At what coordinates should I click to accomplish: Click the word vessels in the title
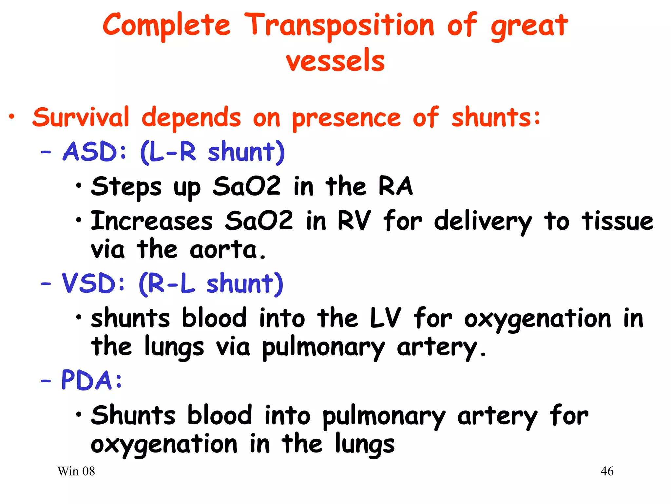pyautogui.click(x=335, y=61)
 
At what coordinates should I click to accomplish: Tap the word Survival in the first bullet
pyautogui.click(x=81, y=117)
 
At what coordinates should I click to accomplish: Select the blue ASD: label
pyautogui.click(x=94, y=152)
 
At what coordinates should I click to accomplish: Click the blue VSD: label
pyautogui.click(x=93, y=283)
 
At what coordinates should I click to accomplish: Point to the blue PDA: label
pyautogui.click(x=91, y=381)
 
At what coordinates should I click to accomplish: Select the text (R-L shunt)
pyautogui.click(x=211, y=284)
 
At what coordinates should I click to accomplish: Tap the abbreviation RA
pyautogui.click(x=395, y=186)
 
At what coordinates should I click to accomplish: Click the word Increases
pyautogui.click(x=152, y=221)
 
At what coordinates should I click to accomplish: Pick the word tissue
pyautogui.click(x=617, y=221)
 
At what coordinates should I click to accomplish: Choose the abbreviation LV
pyautogui.click(x=385, y=318)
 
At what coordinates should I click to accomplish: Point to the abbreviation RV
pyautogui.click(x=354, y=220)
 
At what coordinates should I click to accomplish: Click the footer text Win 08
pyautogui.click(x=76, y=472)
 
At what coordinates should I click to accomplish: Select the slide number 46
pyautogui.click(x=607, y=472)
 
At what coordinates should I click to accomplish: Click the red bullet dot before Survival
pyautogui.click(x=12, y=116)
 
